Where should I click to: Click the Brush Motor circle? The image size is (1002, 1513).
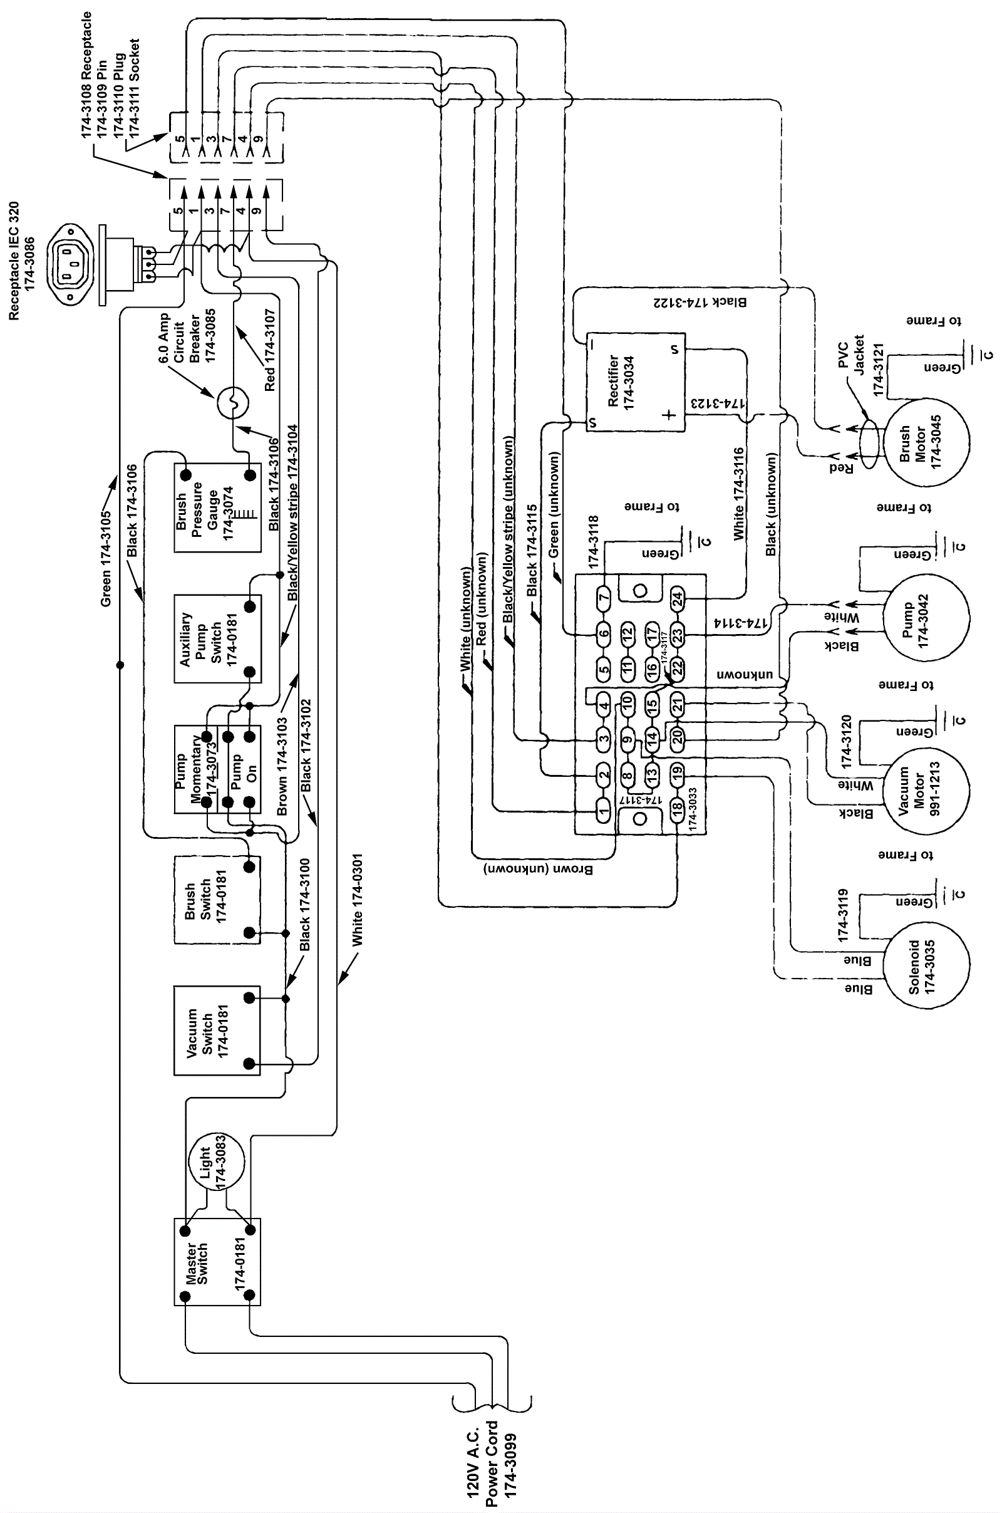coord(927,442)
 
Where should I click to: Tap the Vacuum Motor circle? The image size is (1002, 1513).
coord(926,790)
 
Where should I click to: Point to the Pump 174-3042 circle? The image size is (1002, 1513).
coord(927,617)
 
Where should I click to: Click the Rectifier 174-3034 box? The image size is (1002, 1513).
coord(635,382)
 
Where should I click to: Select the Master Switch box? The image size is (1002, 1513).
coord(217,1262)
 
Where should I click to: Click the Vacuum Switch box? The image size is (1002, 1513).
coord(217,1031)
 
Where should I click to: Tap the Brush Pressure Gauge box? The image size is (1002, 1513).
coord(217,508)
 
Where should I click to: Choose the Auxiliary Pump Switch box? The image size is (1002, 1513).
coord(217,639)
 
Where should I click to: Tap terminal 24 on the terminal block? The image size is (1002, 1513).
coord(677,599)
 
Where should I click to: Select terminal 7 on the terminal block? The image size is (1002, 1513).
coord(604,599)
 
